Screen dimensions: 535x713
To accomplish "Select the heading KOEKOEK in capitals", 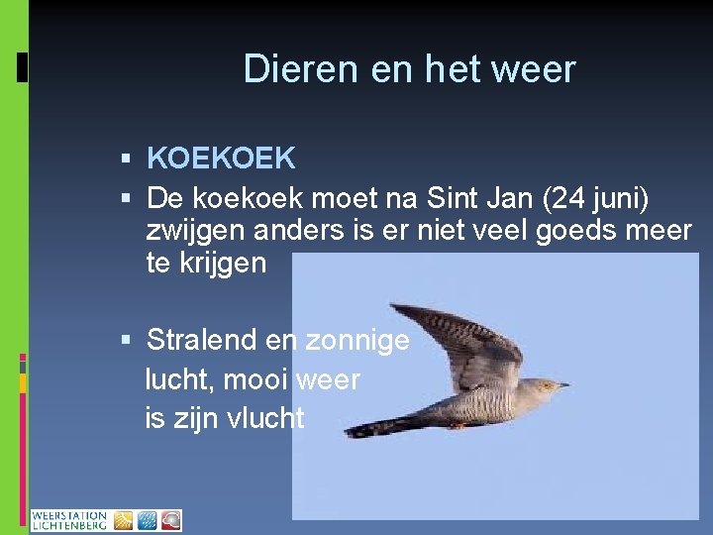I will pyautogui.click(x=221, y=158).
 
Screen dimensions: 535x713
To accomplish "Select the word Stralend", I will pyautogui.click(x=202, y=341).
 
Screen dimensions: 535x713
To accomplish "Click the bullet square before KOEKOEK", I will pyautogui.click(x=126, y=159).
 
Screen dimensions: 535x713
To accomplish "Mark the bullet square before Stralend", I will pyautogui.click(x=126, y=342).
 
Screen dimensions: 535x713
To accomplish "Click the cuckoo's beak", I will pyautogui.click(x=562, y=384).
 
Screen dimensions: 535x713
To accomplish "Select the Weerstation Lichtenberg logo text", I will pyautogui.click(x=69, y=521).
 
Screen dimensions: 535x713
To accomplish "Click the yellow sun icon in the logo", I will pyautogui.click(x=123, y=521).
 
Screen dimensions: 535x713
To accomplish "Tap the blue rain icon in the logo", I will pyautogui.click(x=147, y=521).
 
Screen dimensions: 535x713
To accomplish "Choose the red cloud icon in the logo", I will pyautogui.click(x=170, y=521).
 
